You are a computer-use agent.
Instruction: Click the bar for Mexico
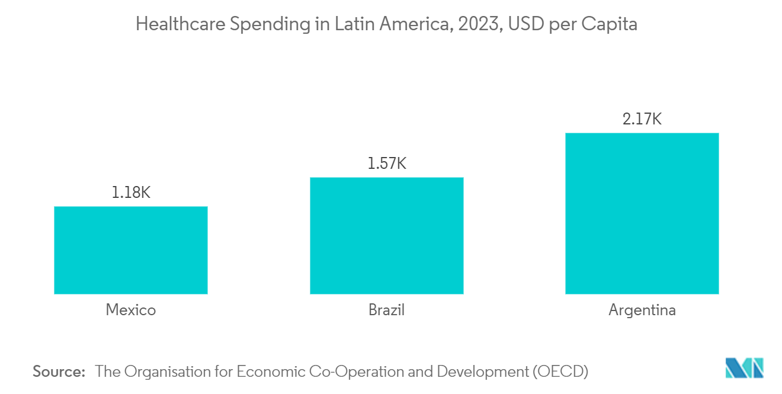[x=130, y=250]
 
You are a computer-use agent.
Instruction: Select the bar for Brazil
[x=386, y=235]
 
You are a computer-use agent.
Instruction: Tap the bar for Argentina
[x=642, y=213]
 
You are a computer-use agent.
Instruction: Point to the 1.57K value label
[x=386, y=164]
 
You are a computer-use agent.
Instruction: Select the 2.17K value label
[x=642, y=119]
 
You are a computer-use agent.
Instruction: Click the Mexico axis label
[x=130, y=310]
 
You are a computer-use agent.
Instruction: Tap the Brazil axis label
[x=386, y=310]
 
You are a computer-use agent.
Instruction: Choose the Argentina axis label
[x=642, y=310]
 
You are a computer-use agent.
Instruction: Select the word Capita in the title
[x=610, y=24]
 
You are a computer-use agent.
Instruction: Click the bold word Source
[x=59, y=371]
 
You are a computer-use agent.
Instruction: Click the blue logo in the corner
[x=744, y=368]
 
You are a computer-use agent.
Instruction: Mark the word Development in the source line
[x=482, y=371]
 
